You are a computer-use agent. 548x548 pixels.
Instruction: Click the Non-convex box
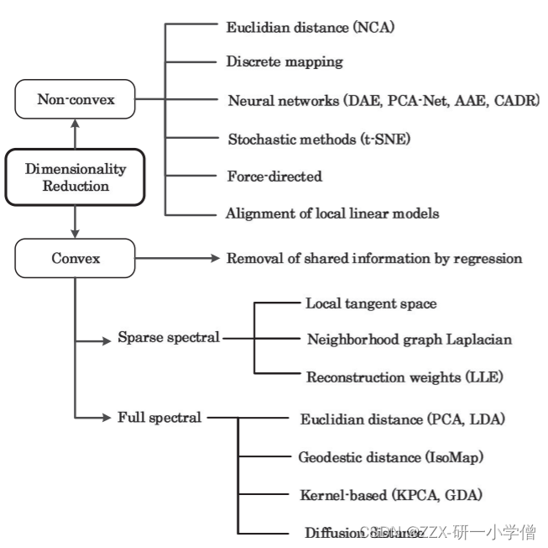(76, 101)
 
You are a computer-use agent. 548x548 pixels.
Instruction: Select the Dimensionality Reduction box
(76, 177)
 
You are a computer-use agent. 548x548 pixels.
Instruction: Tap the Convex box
(76, 258)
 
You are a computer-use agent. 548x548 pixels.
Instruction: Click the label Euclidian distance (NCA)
(310, 28)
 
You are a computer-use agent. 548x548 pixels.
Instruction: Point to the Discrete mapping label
(284, 62)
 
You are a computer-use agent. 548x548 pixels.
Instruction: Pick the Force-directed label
(274, 177)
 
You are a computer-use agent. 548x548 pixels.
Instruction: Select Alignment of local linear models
(332, 213)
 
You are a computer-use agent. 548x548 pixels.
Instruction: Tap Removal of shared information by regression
(374, 258)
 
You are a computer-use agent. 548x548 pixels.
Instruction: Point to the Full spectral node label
(160, 416)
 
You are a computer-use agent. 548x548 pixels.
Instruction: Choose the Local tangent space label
(371, 303)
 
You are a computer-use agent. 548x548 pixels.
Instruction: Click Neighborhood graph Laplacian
(409, 340)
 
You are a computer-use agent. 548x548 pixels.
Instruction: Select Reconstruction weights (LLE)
(404, 377)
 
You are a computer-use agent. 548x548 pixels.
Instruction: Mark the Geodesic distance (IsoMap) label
(391, 458)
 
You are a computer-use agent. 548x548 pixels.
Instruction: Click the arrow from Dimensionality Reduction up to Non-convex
(76, 133)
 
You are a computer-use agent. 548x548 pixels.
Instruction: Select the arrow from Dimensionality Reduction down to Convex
(76, 221)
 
